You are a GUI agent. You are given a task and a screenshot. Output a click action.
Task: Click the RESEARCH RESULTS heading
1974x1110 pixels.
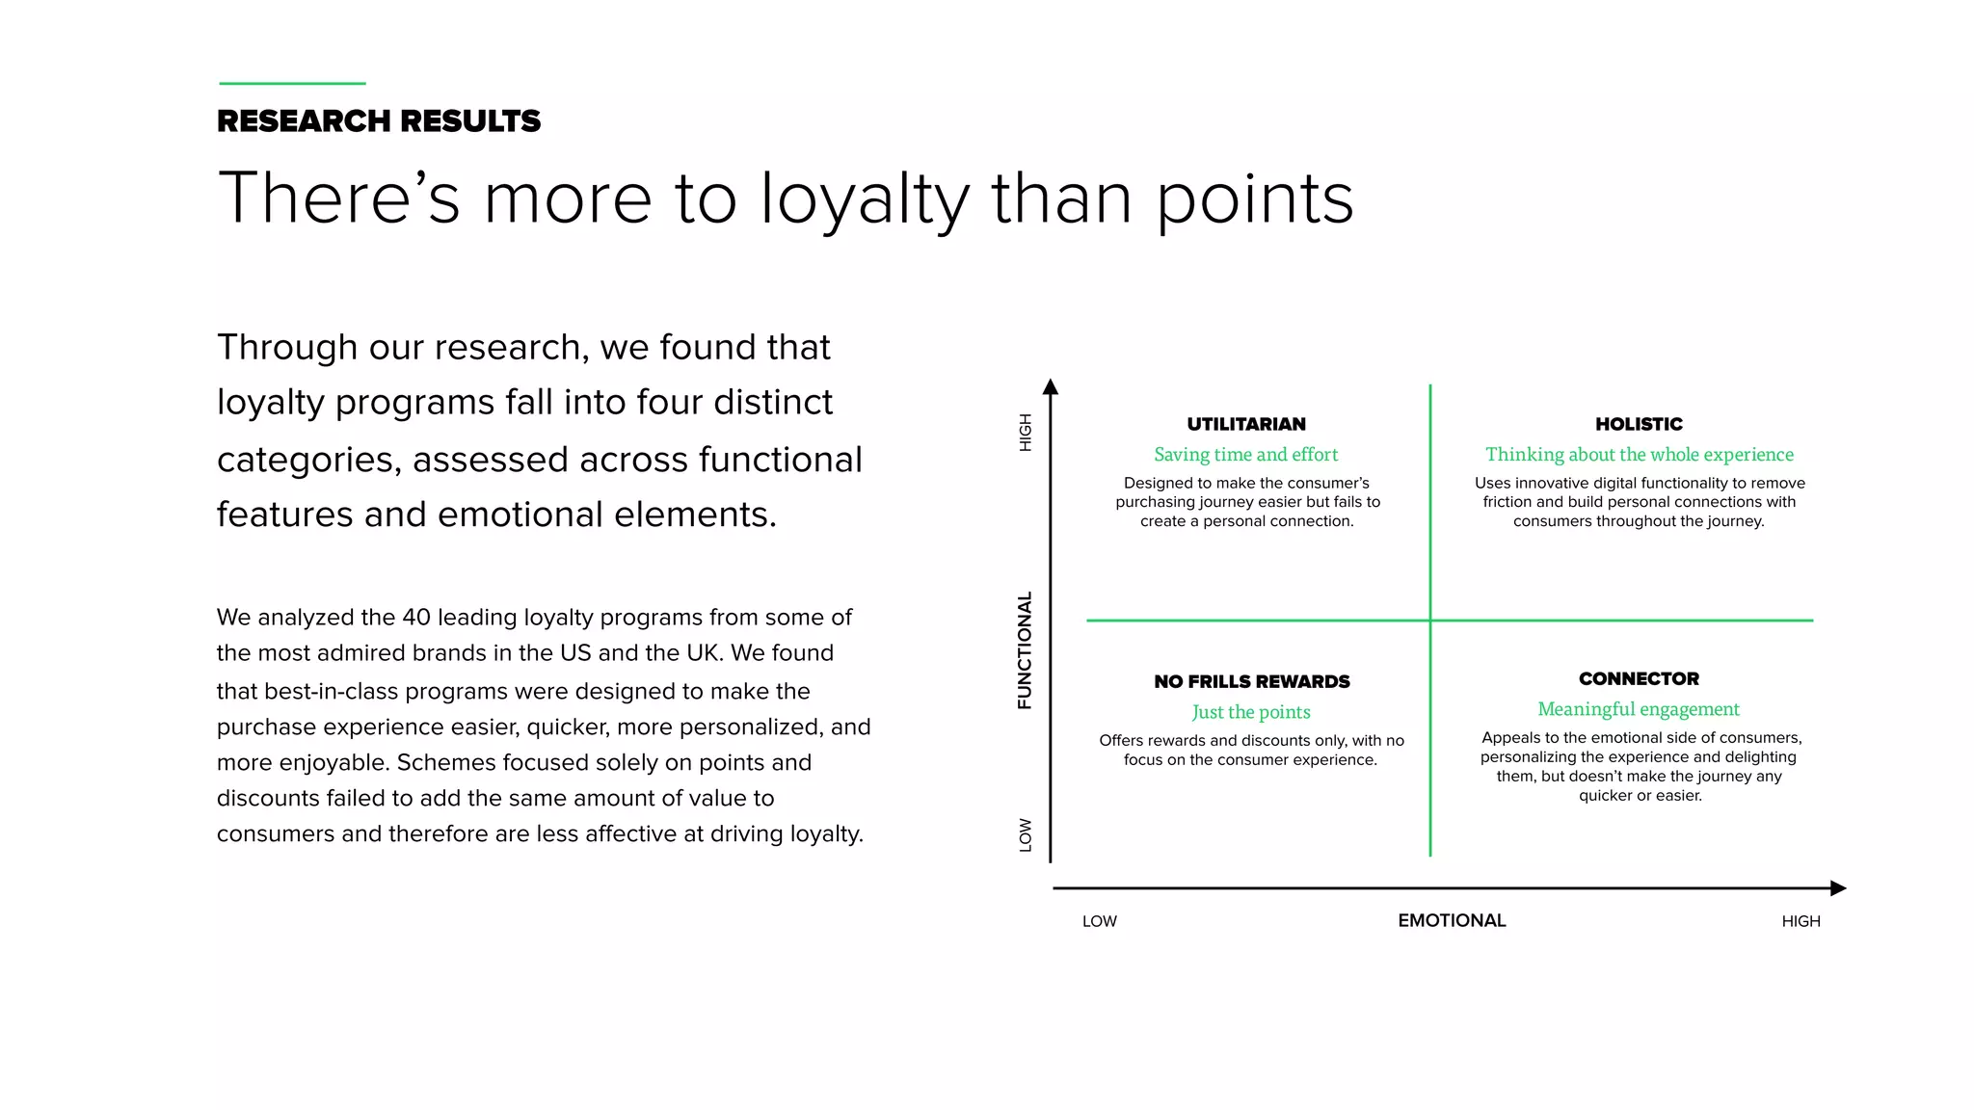pyautogui.click(x=379, y=121)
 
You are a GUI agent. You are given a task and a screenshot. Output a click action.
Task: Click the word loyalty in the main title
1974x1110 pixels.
pyautogui.click(x=864, y=200)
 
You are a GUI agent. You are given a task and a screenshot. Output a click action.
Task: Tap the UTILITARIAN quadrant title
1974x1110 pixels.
pyautogui.click(x=1246, y=424)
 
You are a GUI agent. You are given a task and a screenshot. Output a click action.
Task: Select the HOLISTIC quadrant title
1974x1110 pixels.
pyautogui.click(x=1639, y=424)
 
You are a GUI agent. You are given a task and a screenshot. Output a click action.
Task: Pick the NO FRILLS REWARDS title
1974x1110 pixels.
pyautogui.click(x=1251, y=682)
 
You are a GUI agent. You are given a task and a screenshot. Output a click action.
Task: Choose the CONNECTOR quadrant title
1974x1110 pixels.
pyautogui.click(x=1639, y=679)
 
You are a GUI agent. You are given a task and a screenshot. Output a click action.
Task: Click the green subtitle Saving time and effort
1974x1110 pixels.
pyautogui.click(x=1246, y=455)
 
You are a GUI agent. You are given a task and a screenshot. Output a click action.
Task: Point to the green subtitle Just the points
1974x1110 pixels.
pyautogui.click(x=1251, y=712)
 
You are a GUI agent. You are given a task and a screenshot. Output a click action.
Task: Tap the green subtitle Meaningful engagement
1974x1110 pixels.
pyautogui.click(x=1639, y=709)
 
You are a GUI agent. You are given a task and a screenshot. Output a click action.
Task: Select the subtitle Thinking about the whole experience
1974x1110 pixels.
pyautogui.click(x=1639, y=455)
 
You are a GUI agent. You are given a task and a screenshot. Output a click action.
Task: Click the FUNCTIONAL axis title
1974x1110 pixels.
pyautogui.click(x=1025, y=650)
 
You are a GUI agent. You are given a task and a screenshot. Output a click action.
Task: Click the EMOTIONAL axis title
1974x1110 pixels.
pyautogui.click(x=1452, y=921)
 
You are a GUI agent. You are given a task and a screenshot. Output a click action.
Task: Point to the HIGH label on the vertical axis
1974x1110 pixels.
pyautogui.click(x=1026, y=433)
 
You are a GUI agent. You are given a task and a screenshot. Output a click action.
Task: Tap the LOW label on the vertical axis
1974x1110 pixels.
pyautogui.click(x=1026, y=835)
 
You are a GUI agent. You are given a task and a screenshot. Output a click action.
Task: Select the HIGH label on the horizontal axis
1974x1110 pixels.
pyautogui.click(x=1801, y=922)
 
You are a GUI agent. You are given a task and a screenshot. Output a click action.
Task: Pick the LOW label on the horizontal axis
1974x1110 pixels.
pyautogui.click(x=1099, y=922)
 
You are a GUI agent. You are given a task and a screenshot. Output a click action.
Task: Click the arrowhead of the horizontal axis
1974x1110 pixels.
pyautogui.click(x=1838, y=888)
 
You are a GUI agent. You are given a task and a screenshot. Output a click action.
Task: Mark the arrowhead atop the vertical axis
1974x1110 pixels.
pyautogui.click(x=1051, y=387)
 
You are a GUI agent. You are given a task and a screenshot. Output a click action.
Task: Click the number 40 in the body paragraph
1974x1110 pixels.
pyautogui.click(x=416, y=618)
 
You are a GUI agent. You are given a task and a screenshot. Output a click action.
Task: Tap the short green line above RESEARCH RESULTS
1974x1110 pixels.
pyautogui.click(x=292, y=84)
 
